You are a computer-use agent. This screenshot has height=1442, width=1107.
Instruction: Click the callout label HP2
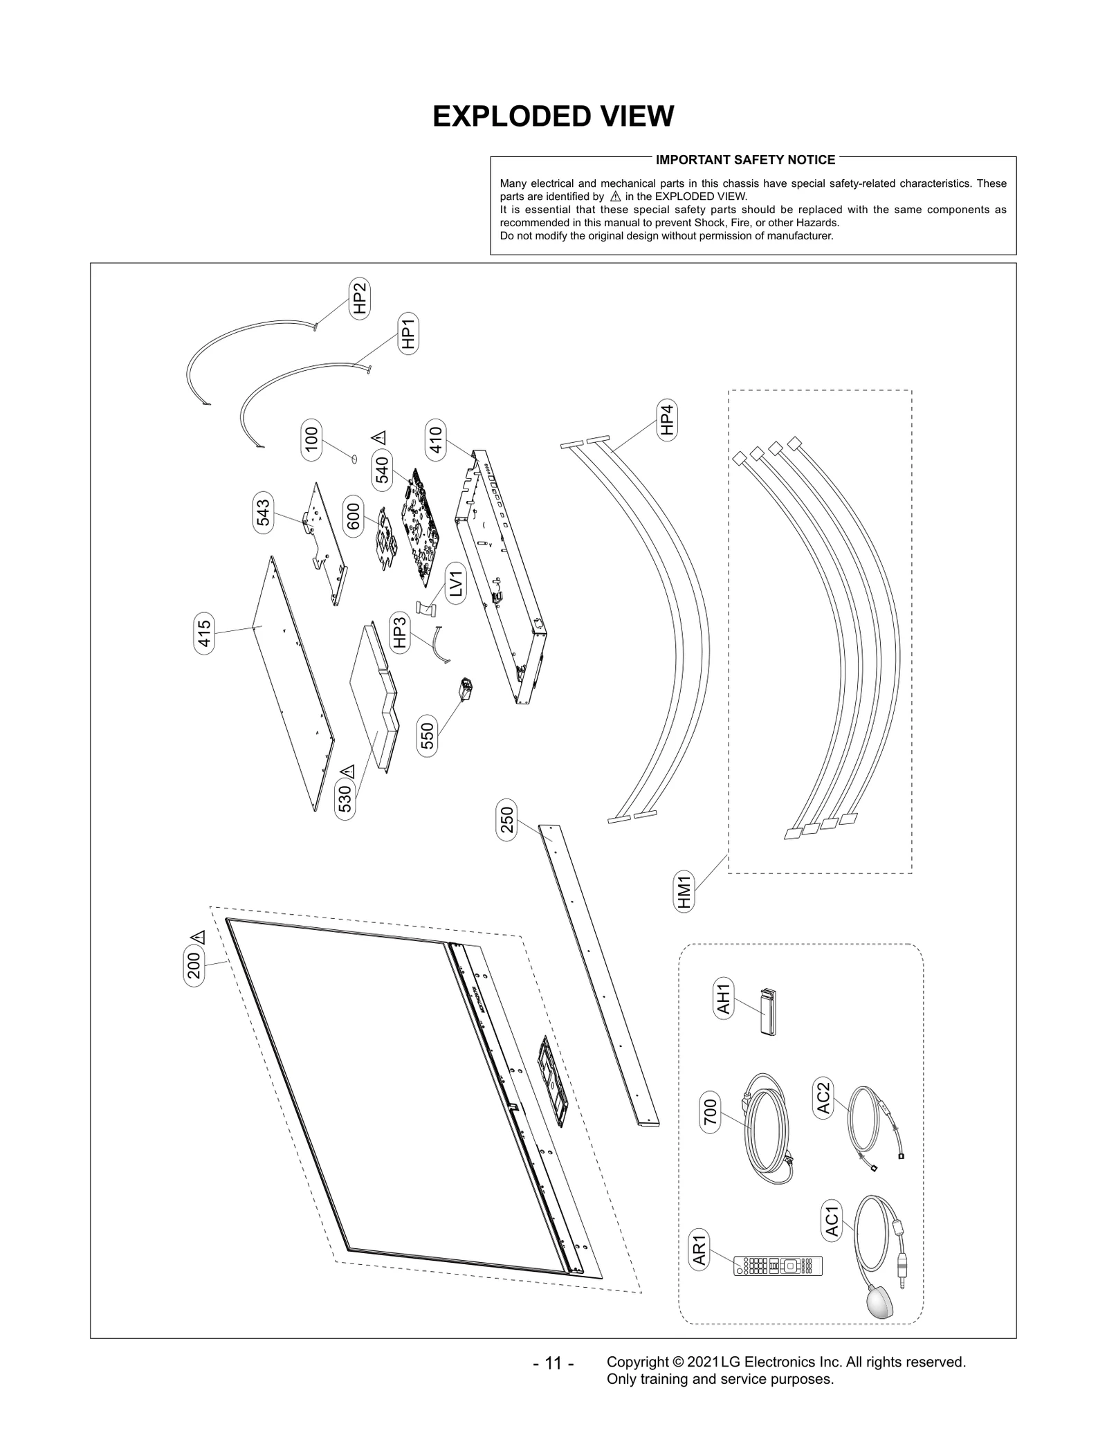(359, 298)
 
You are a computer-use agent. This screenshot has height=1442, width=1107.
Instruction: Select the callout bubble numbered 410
(436, 440)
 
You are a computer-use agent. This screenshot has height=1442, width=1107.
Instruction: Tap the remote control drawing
(778, 1266)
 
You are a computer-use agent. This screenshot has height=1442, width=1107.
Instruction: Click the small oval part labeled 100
(354, 457)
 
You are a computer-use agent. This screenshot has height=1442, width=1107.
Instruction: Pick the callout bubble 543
(263, 512)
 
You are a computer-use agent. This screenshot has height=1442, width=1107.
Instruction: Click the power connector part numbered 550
(466, 688)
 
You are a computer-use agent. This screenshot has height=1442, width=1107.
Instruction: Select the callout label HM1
(684, 892)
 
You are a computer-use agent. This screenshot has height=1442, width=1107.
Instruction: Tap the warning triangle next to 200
(200, 937)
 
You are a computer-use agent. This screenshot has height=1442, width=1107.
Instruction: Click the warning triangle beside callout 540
(379, 437)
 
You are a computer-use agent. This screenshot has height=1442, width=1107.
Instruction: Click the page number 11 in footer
(553, 1363)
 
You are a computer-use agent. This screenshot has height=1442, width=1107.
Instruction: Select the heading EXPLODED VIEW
(553, 117)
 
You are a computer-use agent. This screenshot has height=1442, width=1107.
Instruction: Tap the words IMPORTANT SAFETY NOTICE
(745, 160)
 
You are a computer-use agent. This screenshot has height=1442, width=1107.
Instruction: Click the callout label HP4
(666, 419)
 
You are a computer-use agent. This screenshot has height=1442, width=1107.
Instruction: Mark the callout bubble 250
(507, 820)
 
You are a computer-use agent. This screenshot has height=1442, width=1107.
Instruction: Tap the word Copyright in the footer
(637, 1362)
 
